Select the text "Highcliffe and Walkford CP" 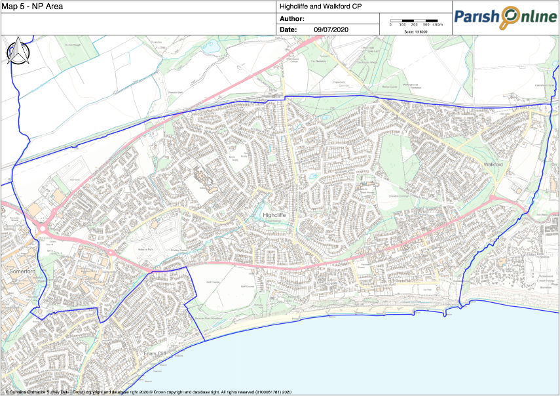[320, 7]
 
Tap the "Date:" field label [288, 30]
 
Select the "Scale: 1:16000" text [416, 31]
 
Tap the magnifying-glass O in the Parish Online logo [509, 16]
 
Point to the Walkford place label [495, 164]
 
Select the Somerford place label [17, 269]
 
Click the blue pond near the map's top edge [210, 47]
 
